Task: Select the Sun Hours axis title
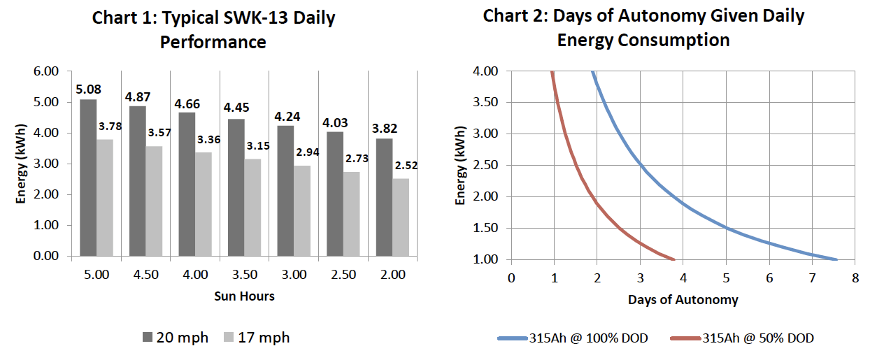click(x=244, y=296)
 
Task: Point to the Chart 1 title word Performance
click(x=213, y=42)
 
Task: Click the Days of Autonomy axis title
click(x=683, y=301)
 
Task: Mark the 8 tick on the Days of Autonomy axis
click(x=855, y=278)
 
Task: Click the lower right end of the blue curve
click(x=836, y=259)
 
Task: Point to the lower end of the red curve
click(x=673, y=259)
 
